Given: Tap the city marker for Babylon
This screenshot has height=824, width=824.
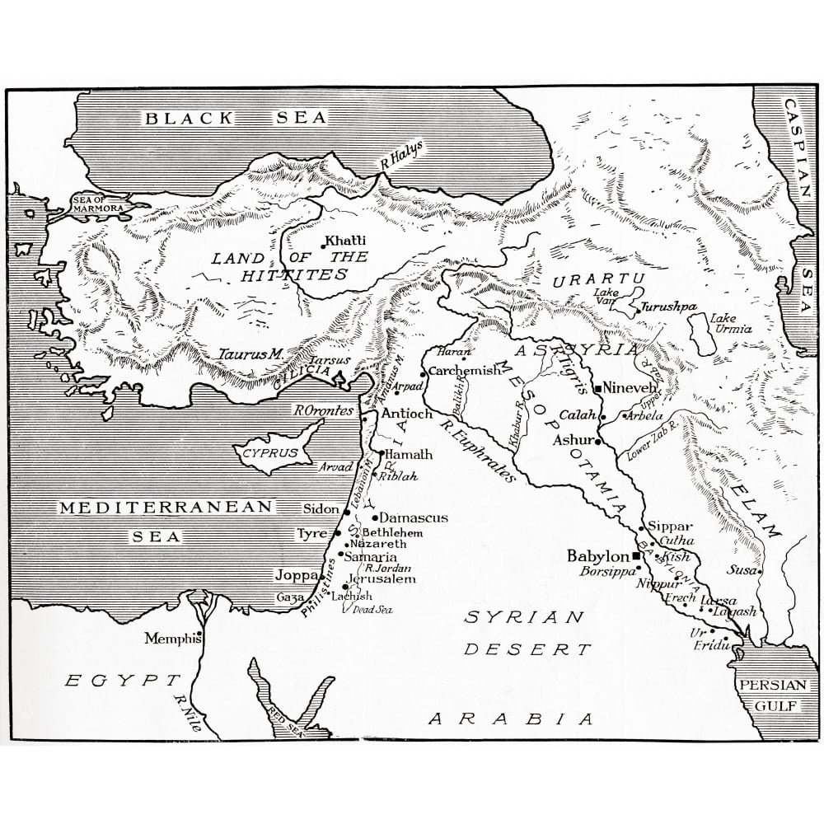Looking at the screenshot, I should coord(636,555).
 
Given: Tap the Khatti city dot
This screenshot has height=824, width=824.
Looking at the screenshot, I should coord(323,245).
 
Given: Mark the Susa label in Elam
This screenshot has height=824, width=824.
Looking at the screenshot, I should coord(738,569).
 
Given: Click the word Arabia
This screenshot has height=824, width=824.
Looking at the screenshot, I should coord(511,718).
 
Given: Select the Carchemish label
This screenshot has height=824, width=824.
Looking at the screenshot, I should coord(464,371).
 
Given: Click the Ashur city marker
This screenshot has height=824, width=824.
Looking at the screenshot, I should coord(597,441).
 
